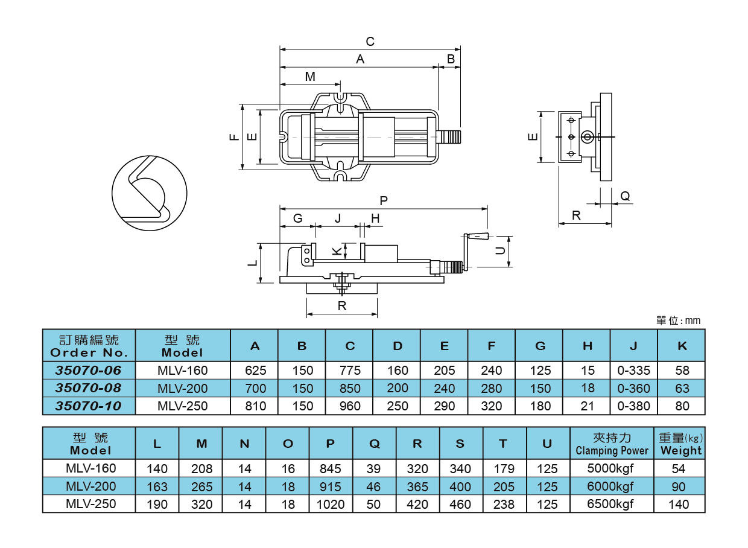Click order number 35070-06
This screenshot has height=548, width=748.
(x=89, y=370)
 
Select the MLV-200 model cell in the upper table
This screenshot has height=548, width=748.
(x=182, y=388)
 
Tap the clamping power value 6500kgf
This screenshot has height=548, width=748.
(x=610, y=504)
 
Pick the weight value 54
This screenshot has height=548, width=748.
(x=679, y=468)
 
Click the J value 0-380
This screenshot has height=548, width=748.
(x=633, y=406)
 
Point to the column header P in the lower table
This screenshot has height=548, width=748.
(x=331, y=444)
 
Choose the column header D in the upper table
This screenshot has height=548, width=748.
(x=397, y=346)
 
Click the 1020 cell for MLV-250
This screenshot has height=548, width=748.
(x=331, y=504)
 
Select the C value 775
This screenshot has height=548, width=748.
(x=350, y=371)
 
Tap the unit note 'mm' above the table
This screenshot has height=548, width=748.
(x=693, y=320)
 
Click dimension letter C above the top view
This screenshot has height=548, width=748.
(x=370, y=42)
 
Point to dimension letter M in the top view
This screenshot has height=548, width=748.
(x=310, y=77)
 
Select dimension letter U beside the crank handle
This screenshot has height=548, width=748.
(x=500, y=250)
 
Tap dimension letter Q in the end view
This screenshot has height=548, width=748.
(x=625, y=196)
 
